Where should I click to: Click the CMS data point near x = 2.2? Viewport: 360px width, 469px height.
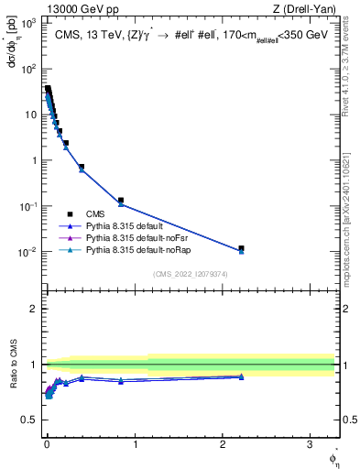241,248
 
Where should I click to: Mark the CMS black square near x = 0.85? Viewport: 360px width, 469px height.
121,200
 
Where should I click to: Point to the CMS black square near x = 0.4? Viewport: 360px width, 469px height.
82,167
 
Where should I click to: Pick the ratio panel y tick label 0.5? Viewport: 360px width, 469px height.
31,420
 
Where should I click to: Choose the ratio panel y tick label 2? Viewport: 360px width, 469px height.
36,309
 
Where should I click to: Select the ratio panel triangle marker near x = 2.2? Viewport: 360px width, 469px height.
241,376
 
